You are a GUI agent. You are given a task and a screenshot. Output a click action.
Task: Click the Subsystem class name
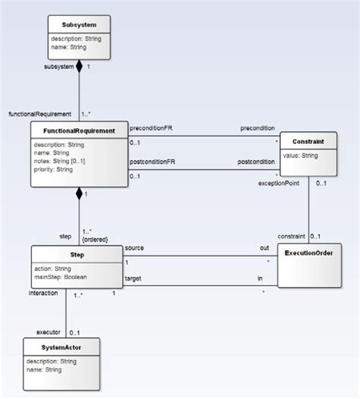tap(79, 24)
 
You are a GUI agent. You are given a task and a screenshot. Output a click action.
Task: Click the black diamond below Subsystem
tap(78, 67)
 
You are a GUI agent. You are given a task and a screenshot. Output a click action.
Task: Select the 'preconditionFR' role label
tap(151, 127)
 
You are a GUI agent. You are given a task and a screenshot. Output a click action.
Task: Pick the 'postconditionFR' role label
tap(153, 161)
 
